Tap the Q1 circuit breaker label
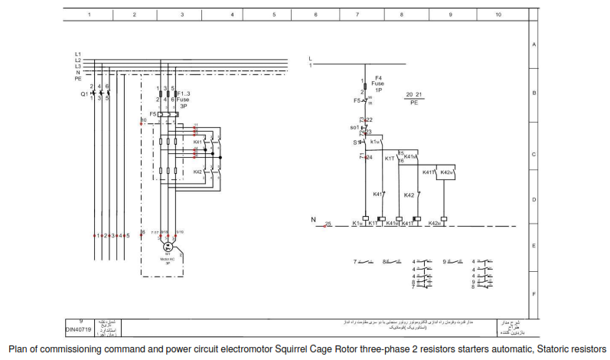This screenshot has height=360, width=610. [x=83, y=93]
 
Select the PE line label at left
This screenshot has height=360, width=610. [x=77, y=79]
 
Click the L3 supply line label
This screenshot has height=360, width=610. [x=77, y=66]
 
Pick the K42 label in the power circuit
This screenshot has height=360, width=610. [x=197, y=172]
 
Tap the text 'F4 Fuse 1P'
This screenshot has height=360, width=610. [x=378, y=83]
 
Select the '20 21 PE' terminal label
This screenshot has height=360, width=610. [x=414, y=97]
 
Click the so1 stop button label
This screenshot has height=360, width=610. [x=354, y=127]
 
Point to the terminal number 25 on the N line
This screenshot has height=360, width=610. [x=328, y=224]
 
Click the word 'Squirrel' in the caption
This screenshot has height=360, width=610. [x=295, y=349]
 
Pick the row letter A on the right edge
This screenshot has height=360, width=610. [x=533, y=44]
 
